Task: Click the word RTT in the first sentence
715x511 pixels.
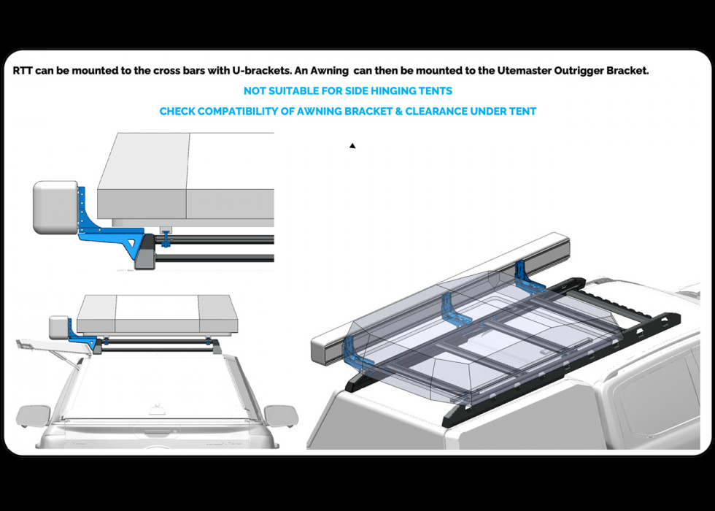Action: pos(22,72)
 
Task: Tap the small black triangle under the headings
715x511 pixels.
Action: pos(352,146)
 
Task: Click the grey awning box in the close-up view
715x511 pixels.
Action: pos(55,207)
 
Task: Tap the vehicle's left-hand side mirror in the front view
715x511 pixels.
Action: pos(31,415)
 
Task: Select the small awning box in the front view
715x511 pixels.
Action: pos(59,327)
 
